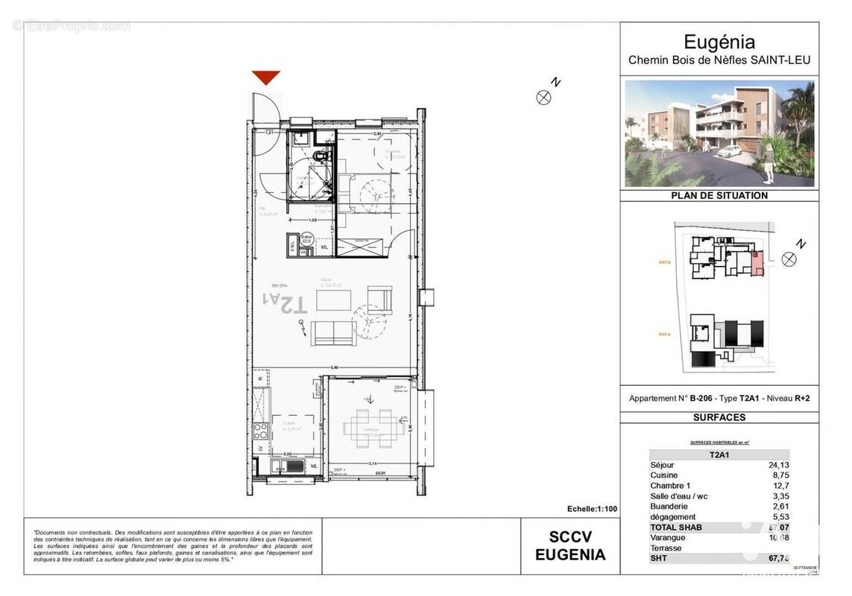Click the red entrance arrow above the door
point(265,77)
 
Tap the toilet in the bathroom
point(321,156)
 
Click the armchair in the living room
point(379,299)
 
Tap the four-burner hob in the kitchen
point(262,431)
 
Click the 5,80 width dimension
point(335,367)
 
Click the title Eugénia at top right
point(719,42)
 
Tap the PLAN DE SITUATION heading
point(719,195)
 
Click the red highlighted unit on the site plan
point(757,264)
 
